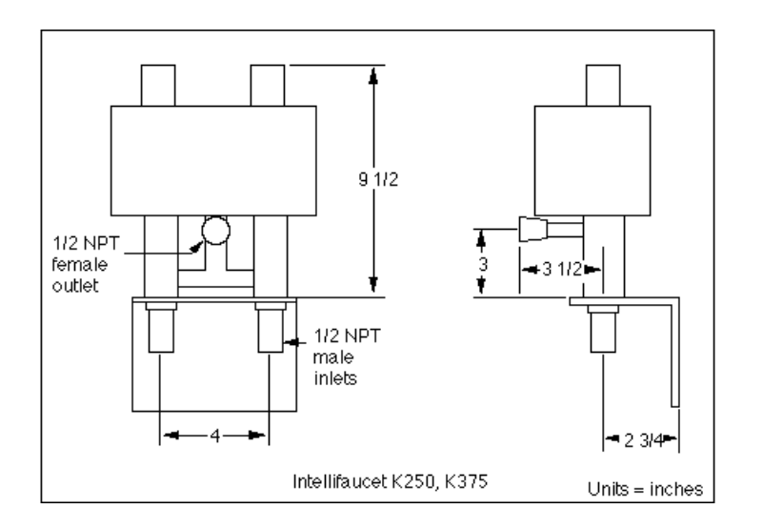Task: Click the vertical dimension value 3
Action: pos(483,264)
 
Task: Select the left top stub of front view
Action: pos(160,86)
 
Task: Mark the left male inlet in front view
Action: pos(160,330)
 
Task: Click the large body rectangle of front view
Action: pos(214,159)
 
